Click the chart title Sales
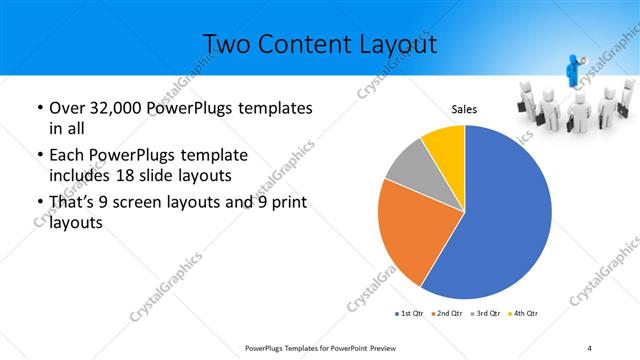coord(464,108)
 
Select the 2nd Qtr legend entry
coord(447,314)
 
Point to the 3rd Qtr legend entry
coord(485,314)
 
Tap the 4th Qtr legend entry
coord(523,314)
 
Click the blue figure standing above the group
coord(575,72)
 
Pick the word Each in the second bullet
coord(67,155)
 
